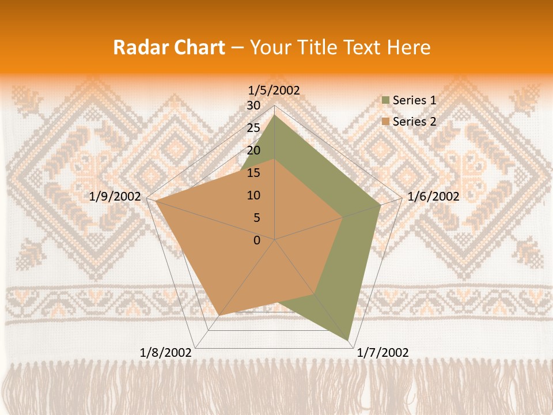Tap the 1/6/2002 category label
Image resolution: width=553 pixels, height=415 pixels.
[433, 197]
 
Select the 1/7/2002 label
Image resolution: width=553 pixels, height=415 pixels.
[383, 352]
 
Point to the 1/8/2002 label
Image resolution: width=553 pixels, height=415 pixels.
[166, 352]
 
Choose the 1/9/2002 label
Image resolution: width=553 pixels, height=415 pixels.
[115, 197]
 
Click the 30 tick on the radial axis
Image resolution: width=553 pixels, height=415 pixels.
[253, 105]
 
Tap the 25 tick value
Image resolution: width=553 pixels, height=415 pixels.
[253, 128]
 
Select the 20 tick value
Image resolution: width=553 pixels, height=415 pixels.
[253, 150]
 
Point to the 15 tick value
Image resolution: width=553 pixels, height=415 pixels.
[253, 173]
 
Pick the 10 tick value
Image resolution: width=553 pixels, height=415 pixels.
[253, 195]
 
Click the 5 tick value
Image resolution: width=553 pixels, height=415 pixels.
[256, 218]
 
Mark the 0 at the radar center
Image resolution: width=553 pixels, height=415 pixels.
[257, 240]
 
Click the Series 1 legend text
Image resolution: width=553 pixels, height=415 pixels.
[414, 100]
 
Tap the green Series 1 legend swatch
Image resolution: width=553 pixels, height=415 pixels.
[385, 100]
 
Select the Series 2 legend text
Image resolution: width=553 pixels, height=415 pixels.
[414, 122]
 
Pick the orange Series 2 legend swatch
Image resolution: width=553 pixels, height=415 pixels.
[385, 122]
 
